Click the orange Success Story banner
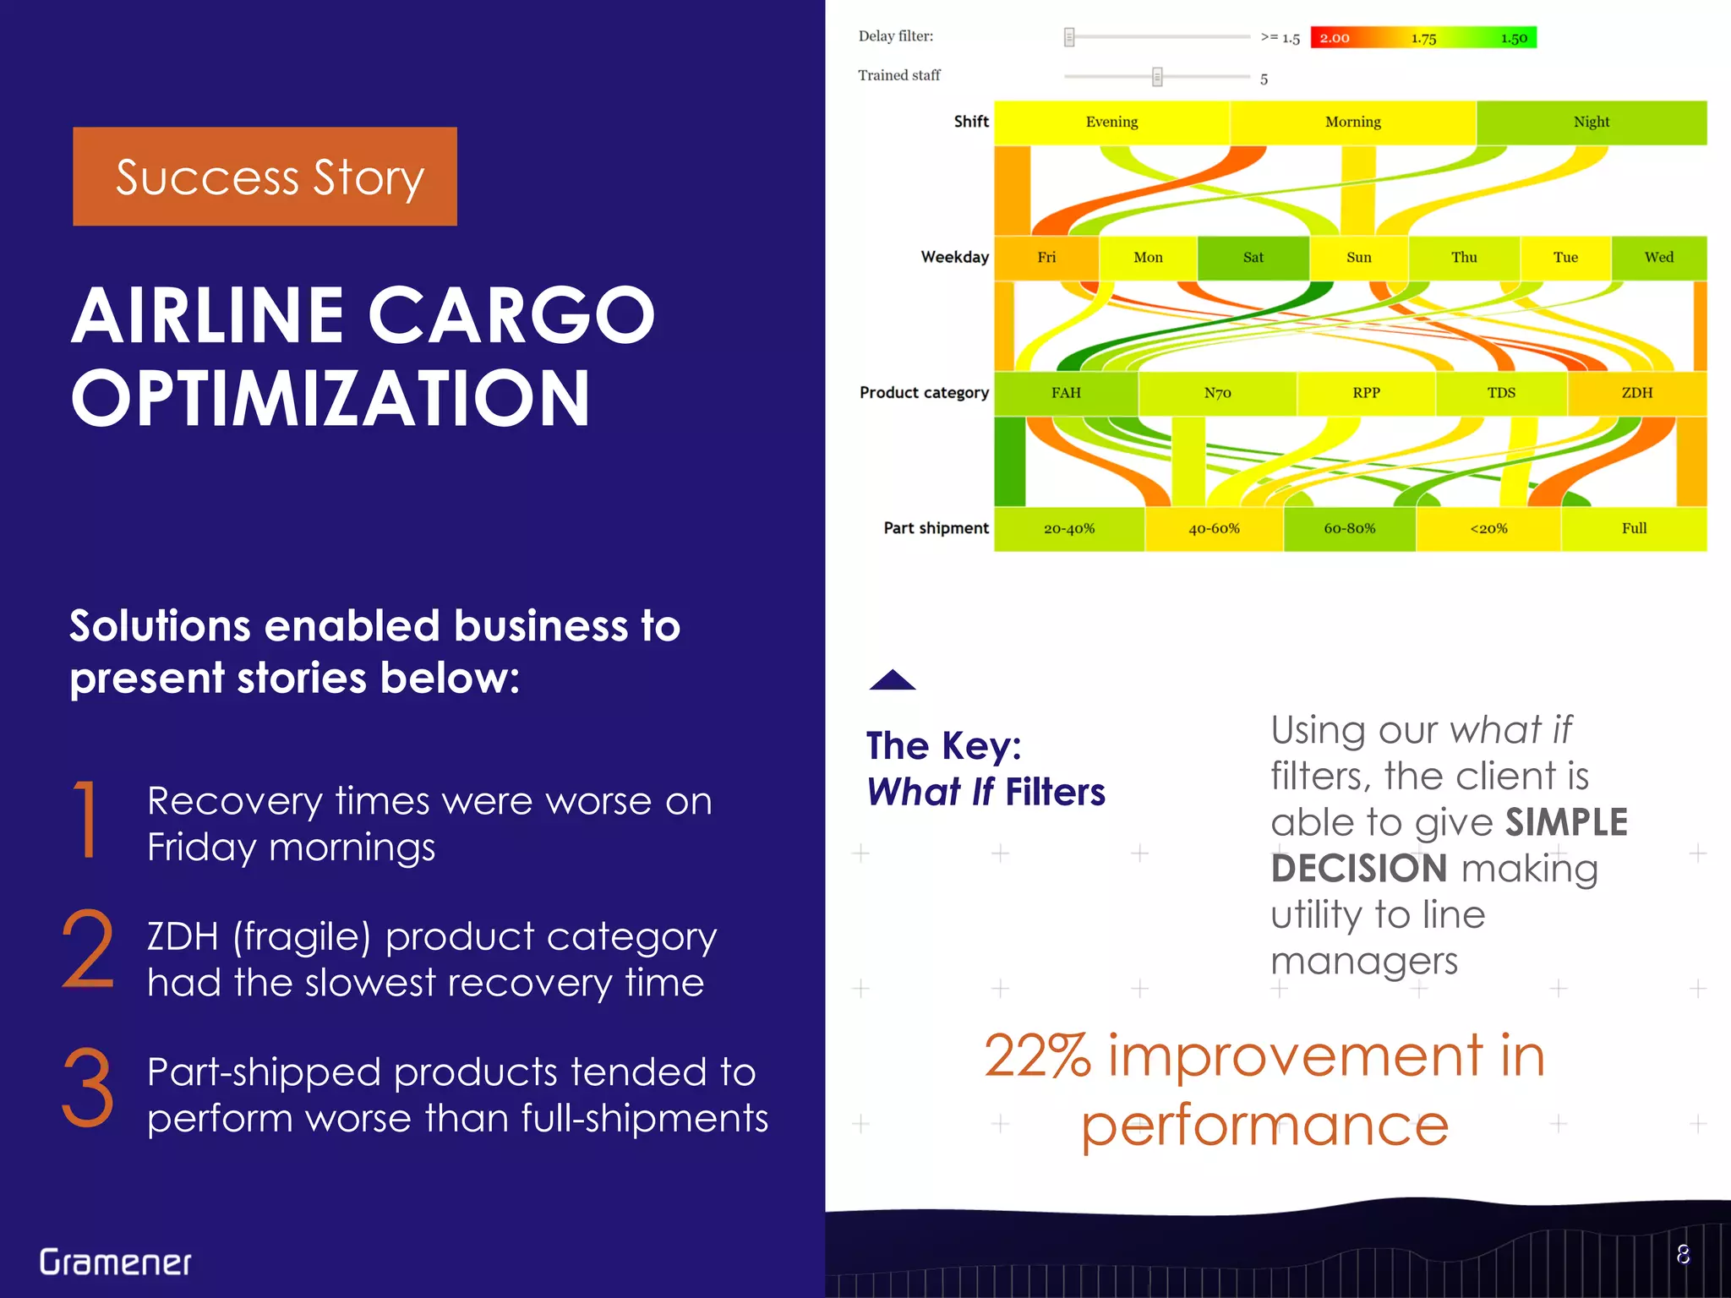point(265,177)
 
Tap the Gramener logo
point(116,1262)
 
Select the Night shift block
point(1591,123)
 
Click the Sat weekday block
point(1253,258)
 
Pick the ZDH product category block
point(1636,393)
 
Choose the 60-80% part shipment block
point(1349,529)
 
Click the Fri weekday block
point(1046,258)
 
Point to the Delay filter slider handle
point(1069,37)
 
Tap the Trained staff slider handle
point(1157,77)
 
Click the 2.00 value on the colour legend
point(1335,38)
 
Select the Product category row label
point(924,393)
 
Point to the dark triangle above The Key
point(893,680)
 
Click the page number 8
point(1683,1255)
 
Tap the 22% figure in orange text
point(1038,1056)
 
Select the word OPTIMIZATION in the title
point(330,399)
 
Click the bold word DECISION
point(1359,869)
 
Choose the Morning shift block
point(1352,123)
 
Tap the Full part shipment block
point(1633,529)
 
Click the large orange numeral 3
point(88,1088)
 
